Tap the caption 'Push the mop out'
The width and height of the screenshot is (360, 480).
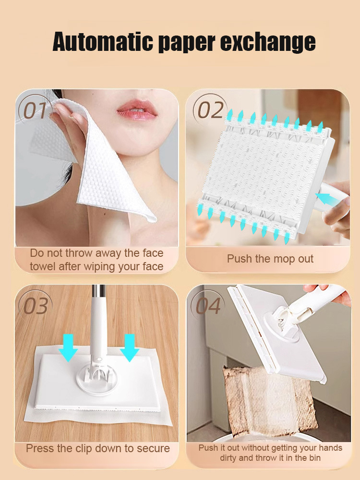coord(270,259)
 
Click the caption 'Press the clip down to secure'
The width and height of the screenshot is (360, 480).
coord(98,448)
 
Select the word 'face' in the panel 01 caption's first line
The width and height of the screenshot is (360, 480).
coord(153,253)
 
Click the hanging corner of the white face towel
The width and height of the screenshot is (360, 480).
coord(150,217)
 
